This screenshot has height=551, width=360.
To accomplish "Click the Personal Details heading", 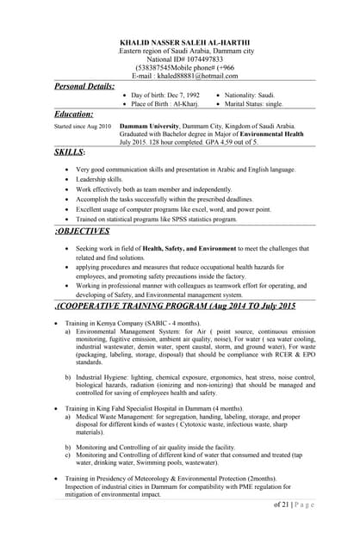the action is (84, 86).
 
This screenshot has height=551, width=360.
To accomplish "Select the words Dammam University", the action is (149, 126).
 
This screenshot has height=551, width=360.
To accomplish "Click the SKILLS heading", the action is (69, 152).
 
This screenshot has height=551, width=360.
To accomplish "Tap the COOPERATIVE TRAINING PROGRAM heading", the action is (177, 306).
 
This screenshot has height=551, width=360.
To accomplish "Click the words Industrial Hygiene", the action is (102, 377).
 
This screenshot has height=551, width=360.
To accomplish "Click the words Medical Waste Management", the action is (118, 416).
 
